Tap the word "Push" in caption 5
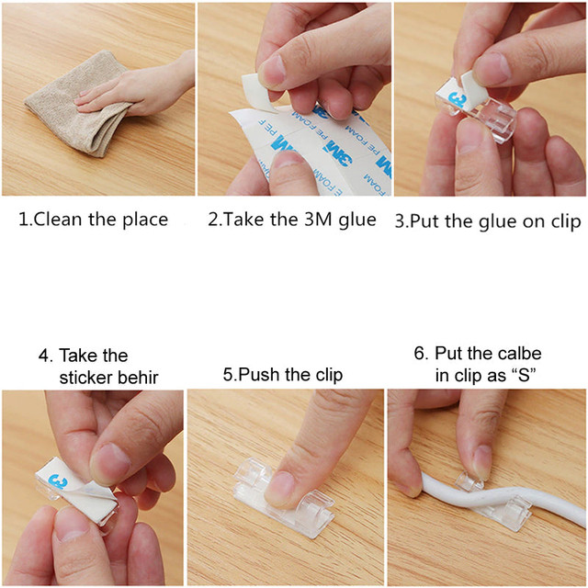point(264,375)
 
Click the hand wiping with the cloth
point(147,87)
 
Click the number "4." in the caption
point(45,355)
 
